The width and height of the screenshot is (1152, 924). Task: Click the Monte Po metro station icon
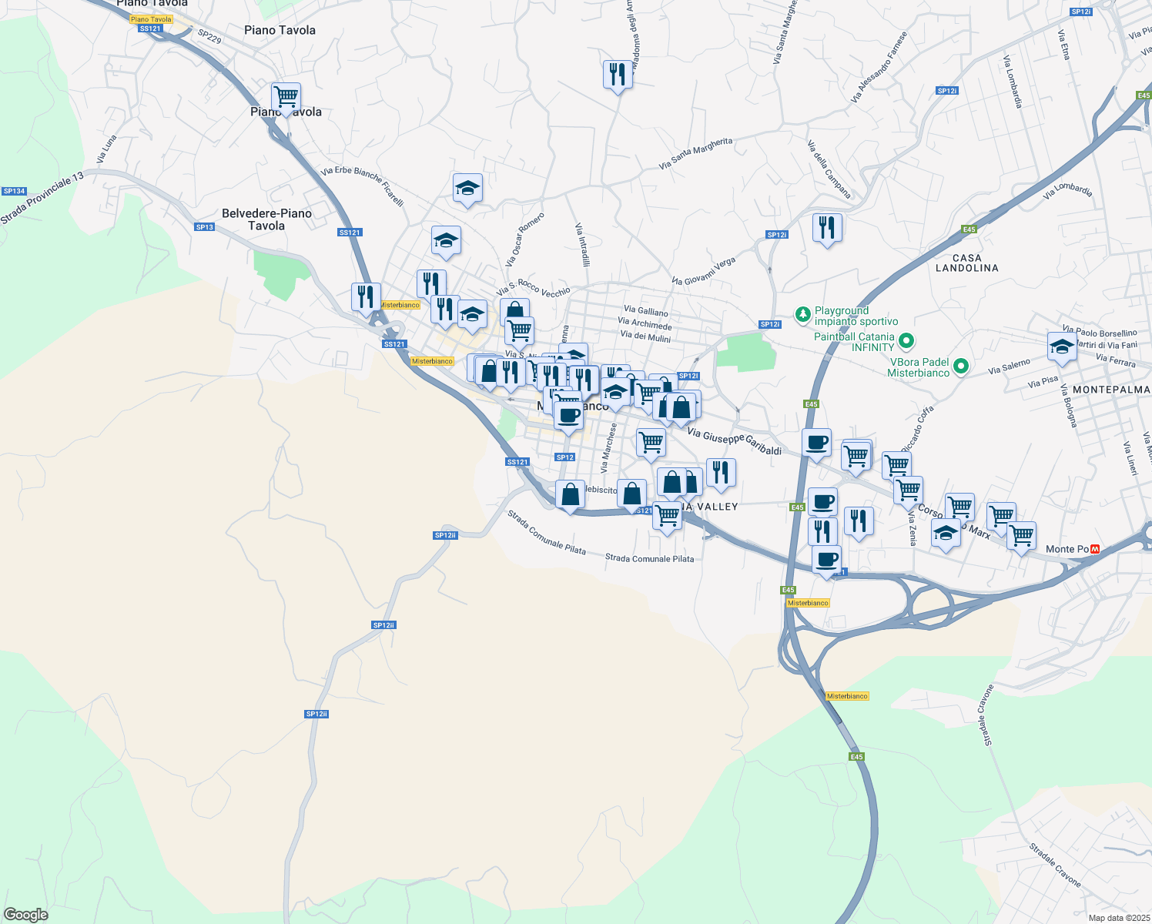pyautogui.click(x=1095, y=549)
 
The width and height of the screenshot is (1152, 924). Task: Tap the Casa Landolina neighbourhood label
pyautogui.click(x=966, y=263)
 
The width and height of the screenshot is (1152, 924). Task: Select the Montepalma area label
pyautogui.click(x=1111, y=390)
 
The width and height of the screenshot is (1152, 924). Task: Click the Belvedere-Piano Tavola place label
pyautogui.click(x=266, y=219)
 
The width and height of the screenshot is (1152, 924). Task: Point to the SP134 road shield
pyautogui.click(x=15, y=191)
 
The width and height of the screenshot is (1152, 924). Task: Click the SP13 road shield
pyautogui.click(x=204, y=227)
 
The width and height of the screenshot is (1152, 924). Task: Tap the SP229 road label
pyautogui.click(x=209, y=36)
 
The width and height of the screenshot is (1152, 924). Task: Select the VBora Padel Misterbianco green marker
pyautogui.click(x=960, y=367)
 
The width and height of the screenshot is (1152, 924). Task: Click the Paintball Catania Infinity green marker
pyautogui.click(x=906, y=340)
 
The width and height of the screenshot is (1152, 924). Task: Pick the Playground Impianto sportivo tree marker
pyautogui.click(x=803, y=314)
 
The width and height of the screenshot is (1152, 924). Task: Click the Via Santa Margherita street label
pyautogui.click(x=696, y=153)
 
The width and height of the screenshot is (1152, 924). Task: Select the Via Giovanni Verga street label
pyautogui.click(x=703, y=271)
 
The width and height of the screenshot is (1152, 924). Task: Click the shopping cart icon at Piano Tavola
pyautogui.click(x=286, y=97)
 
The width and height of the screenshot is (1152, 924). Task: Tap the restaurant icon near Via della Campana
pyautogui.click(x=827, y=228)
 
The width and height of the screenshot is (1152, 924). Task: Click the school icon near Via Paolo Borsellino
pyautogui.click(x=1062, y=346)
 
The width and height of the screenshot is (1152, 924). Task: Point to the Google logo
pyautogui.click(x=25, y=915)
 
